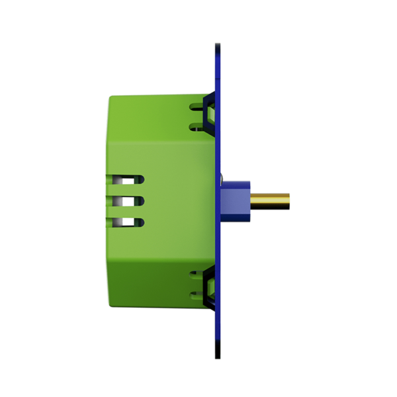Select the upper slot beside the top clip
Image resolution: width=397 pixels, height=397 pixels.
pos(197,105)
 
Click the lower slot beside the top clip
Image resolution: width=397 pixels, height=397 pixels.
pos(197,126)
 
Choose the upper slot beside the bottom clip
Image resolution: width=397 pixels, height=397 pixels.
pos(197,273)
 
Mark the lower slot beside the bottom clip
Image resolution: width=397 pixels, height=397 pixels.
pos(197,294)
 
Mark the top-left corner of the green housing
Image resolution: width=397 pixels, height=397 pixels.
pos(111,97)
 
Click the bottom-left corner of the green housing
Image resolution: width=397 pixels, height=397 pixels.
pos(111,304)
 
